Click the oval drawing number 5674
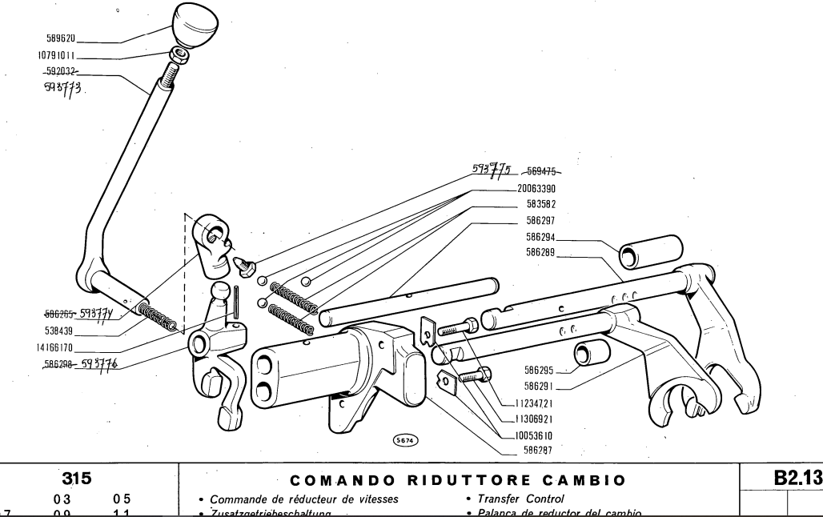405,439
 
